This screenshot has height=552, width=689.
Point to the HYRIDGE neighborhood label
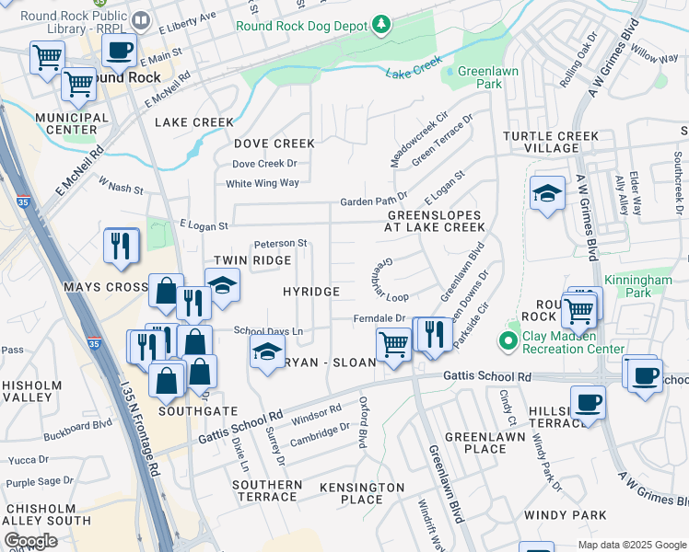pos(311,292)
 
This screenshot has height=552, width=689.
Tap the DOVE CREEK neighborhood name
pos(274,144)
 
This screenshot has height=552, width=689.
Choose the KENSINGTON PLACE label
pos(350,492)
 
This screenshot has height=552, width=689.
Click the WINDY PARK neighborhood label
pos(566,514)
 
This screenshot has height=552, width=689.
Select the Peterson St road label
pos(280,244)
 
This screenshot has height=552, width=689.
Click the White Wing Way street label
pos(263,183)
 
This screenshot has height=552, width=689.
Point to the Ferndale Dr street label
pos(380,318)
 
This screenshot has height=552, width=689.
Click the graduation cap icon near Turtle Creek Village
pos(547,193)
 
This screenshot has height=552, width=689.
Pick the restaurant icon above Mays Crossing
pos(122,246)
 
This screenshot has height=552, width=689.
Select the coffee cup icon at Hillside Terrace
pos(587,402)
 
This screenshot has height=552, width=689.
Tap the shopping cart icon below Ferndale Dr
pos(393,345)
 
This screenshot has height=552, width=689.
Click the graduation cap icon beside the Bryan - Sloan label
pos(267,352)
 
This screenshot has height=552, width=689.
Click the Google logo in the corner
pos(30,541)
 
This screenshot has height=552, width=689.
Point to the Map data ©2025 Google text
pos(631,545)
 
